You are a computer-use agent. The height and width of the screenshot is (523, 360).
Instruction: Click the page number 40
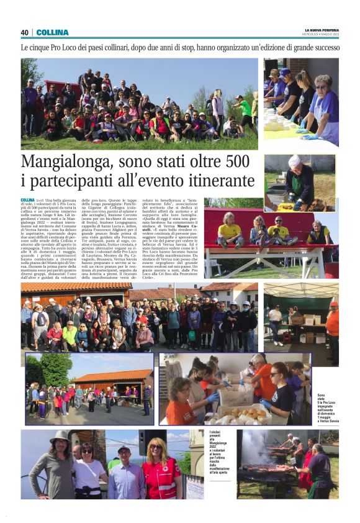coord(25,32)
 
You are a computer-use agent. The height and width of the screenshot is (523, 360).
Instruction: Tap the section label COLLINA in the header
coord(52,32)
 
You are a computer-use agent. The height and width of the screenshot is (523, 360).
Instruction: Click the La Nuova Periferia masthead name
coord(322,29)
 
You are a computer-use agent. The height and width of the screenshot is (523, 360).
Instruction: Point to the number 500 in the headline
coord(236,163)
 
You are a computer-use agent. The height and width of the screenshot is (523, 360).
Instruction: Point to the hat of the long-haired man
coord(60,436)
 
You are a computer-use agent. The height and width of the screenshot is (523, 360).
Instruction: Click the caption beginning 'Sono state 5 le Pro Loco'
coord(327,407)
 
